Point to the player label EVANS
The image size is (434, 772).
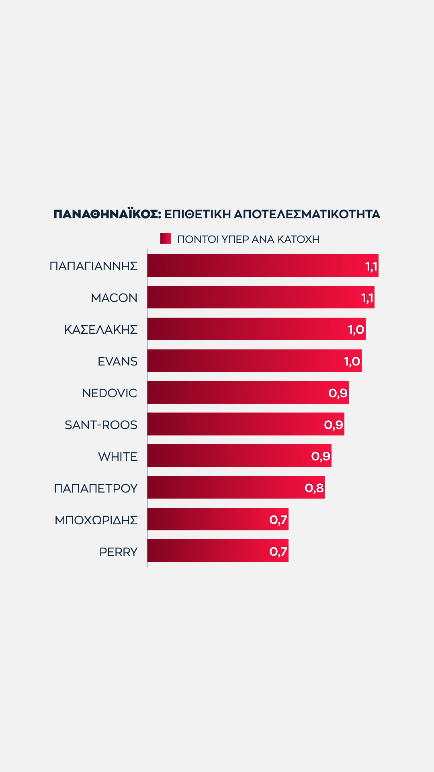(117, 361)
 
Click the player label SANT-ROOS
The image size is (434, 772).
(101, 425)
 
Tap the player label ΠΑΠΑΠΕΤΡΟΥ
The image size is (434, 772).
(96, 488)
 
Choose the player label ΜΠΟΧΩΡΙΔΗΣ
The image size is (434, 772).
(96, 520)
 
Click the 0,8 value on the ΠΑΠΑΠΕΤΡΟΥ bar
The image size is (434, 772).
(314, 488)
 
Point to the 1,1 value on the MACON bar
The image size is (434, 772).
(367, 298)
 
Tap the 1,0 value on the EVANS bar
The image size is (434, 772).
(352, 361)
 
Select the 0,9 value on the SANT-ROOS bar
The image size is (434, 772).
(334, 425)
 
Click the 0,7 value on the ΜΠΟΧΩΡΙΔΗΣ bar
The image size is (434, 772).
(278, 519)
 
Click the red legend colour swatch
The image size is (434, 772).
(166, 238)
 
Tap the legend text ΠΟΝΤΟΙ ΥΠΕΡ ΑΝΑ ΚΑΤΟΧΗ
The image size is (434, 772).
(248, 239)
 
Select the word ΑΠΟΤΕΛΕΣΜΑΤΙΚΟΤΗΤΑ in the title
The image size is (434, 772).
(307, 214)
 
